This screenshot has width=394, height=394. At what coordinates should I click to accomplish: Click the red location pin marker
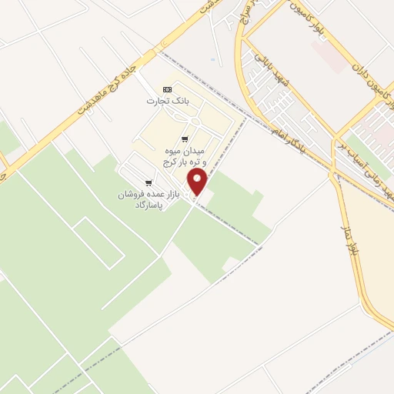(198, 182)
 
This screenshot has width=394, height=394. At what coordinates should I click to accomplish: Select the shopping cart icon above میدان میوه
(183, 139)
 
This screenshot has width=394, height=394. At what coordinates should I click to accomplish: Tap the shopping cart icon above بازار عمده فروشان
(148, 182)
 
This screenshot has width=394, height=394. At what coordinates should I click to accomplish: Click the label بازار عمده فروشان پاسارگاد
(148, 199)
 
